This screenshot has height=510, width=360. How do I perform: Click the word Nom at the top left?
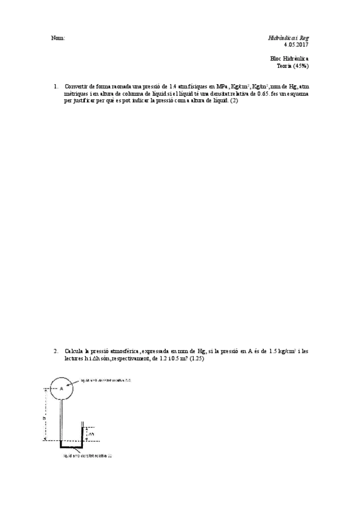pyautogui.click(x=58, y=38)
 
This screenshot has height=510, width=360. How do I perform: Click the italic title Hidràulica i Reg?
pyautogui.click(x=288, y=37)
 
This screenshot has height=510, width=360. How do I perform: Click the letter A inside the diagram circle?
pyautogui.click(x=61, y=389)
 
